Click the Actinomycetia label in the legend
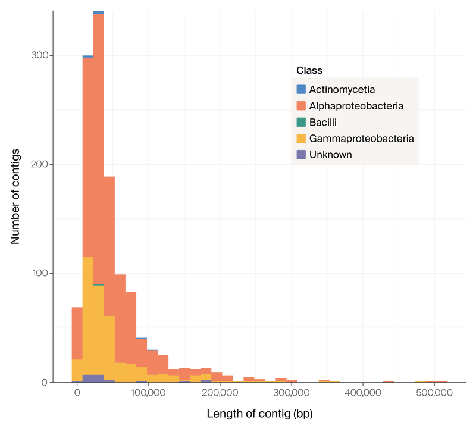click(x=342, y=90)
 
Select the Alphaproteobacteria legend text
click(x=356, y=106)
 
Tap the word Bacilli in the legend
click(x=323, y=123)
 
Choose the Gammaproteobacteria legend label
click(x=361, y=139)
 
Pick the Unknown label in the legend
click(x=330, y=155)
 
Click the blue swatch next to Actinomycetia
click(x=301, y=90)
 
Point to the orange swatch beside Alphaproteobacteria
click(x=301, y=106)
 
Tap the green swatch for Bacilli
click(x=301, y=123)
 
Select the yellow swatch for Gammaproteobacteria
click(x=301, y=139)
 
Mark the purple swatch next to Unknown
click(x=301, y=155)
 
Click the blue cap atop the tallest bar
click(x=99, y=11)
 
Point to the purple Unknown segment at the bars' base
click(x=93, y=378)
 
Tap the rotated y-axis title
click(x=16, y=196)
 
